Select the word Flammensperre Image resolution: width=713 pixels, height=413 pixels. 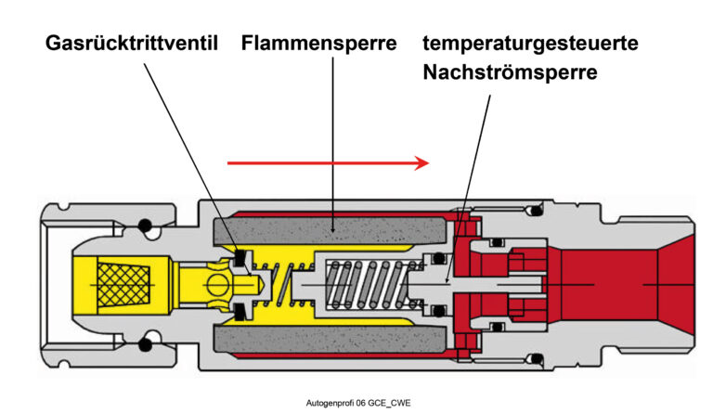tap(318, 43)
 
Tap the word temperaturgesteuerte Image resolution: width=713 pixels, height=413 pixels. tap(530, 43)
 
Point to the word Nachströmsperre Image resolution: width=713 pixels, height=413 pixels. tap(509, 72)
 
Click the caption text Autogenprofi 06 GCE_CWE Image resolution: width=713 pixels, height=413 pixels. tap(357, 404)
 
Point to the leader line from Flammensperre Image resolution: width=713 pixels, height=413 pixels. tap(332, 139)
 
